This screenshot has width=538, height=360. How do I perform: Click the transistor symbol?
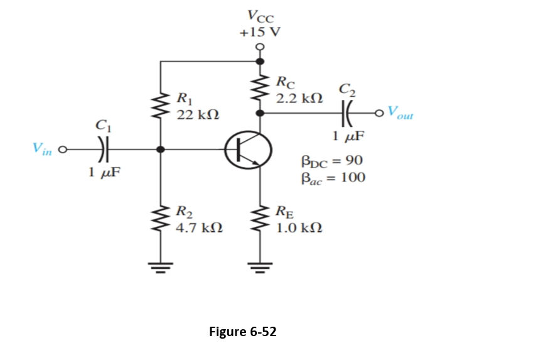249,150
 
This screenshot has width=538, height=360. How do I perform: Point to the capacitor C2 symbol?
346,113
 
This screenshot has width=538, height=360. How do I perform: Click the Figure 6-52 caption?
242,331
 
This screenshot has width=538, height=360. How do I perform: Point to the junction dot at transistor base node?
161,150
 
